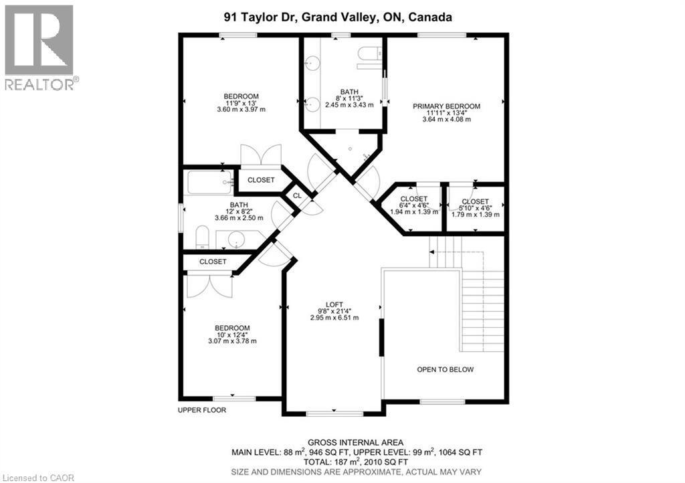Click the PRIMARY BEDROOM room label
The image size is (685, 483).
point(446,106)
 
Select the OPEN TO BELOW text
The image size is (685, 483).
point(445,369)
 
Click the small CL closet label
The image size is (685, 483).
point(297,196)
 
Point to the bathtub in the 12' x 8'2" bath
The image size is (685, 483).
point(208,182)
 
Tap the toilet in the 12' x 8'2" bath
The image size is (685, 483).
point(203,237)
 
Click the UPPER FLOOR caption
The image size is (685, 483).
point(202,410)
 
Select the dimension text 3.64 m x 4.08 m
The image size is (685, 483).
point(446,120)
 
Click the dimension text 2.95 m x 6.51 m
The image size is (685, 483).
point(334,318)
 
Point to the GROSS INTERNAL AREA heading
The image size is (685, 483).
point(355,442)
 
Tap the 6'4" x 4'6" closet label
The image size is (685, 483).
point(413,199)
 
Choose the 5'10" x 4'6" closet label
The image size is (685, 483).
point(475,201)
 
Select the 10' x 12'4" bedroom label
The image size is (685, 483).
point(232,327)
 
